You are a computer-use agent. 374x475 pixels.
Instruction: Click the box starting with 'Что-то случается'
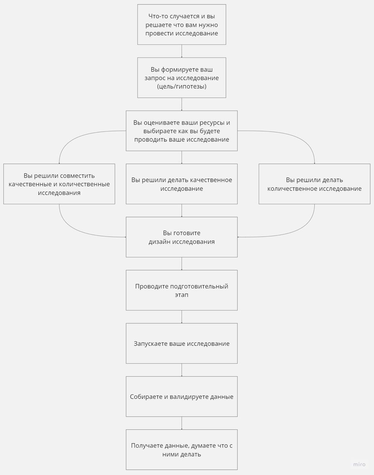coord(182,24)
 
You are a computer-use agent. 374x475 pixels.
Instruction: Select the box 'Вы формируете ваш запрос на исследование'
coord(182,78)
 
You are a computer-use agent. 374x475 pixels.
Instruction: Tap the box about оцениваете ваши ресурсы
coord(182,131)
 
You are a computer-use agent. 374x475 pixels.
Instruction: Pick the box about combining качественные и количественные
coord(59,184)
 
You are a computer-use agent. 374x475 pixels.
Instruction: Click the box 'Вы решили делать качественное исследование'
coord(182,184)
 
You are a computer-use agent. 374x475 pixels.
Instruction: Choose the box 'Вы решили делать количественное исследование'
coord(314,184)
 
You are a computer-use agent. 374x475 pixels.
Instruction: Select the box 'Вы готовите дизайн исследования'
coord(182,237)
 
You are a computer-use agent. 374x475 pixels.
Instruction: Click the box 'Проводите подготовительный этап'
coord(182,290)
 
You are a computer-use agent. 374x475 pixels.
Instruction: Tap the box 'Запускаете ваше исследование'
coord(182,344)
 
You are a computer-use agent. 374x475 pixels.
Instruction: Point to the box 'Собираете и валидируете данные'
coord(182,397)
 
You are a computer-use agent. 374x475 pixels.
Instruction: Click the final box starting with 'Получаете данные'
coord(182,450)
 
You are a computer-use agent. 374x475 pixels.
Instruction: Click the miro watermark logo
coord(359,464)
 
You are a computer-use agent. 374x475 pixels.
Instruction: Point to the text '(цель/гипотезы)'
coord(182,86)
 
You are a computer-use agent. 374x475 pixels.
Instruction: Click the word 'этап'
coord(182,295)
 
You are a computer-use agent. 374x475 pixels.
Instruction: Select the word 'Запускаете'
coord(151,344)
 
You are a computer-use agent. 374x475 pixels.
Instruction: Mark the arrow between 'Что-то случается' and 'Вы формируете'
coord(182,51)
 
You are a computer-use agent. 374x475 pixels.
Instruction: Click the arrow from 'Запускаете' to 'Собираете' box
coord(182,370)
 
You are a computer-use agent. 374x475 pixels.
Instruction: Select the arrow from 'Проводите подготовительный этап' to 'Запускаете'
coord(182,317)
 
